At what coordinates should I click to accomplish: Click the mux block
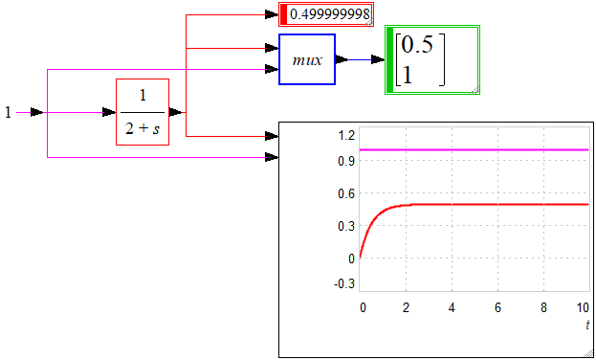tap(307, 59)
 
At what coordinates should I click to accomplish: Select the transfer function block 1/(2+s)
tap(143, 112)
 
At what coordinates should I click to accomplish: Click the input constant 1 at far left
tap(8, 113)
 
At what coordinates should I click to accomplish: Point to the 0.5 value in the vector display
tap(417, 45)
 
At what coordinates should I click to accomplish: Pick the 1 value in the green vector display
tap(408, 76)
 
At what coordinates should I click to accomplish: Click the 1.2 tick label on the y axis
tap(346, 134)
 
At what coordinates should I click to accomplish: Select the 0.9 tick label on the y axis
tap(346, 161)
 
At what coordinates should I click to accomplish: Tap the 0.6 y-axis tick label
tap(346, 193)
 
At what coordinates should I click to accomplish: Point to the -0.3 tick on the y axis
tap(344, 284)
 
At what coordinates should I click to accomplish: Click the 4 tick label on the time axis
tap(452, 308)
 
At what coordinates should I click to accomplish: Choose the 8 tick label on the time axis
tap(543, 308)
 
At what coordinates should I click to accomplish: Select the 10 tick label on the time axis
tap(584, 308)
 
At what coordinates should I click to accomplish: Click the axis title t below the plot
tap(587, 326)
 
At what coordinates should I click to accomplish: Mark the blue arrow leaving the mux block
tap(361, 59)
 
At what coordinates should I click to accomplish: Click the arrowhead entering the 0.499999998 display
tap(272, 15)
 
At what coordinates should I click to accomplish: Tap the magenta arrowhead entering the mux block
tap(272, 69)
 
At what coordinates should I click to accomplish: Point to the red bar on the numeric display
tap(283, 14)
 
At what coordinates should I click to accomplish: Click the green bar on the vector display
tap(390, 59)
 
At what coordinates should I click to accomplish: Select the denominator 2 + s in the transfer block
tap(143, 129)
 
